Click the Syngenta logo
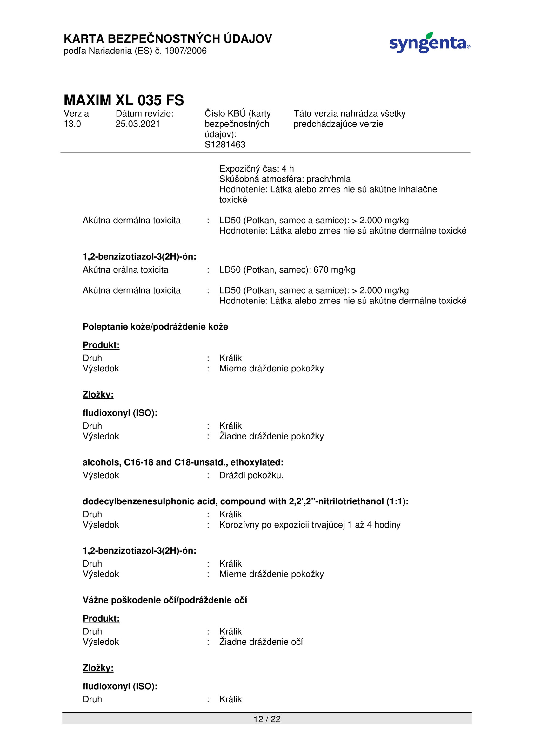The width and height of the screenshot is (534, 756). (x=429, y=43)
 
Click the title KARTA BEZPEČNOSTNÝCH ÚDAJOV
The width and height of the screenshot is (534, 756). (x=168, y=39)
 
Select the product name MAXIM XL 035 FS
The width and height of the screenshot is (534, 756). (x=124, y=100)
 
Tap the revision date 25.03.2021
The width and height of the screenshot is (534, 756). (x=137, y=124)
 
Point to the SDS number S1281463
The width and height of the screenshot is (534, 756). (x=225, y=145)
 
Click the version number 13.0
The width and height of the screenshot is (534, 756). (x=72, y=124)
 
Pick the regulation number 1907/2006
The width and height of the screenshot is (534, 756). (x=186, y=51)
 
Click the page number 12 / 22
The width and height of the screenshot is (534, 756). (x=267, y=719)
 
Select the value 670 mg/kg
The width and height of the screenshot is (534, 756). (x=334, y=270)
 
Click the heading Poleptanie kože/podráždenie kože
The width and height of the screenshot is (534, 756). (x=155, y=327)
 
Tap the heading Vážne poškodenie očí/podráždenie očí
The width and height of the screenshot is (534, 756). (x=165, y=600)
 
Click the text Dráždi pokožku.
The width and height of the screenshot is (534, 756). (x=251, y=475)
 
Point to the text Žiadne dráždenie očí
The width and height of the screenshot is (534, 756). (x=261, y=642)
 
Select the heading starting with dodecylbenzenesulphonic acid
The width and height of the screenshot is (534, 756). (x=245, y=501)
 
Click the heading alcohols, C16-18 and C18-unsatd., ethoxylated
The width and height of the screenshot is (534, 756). (x=183, y=462)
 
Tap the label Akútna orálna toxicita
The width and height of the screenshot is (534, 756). (x=125, y=270)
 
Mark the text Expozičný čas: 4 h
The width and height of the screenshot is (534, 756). (x=257, y=169)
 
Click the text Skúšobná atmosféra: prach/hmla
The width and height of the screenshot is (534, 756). (x=285, y=179)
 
